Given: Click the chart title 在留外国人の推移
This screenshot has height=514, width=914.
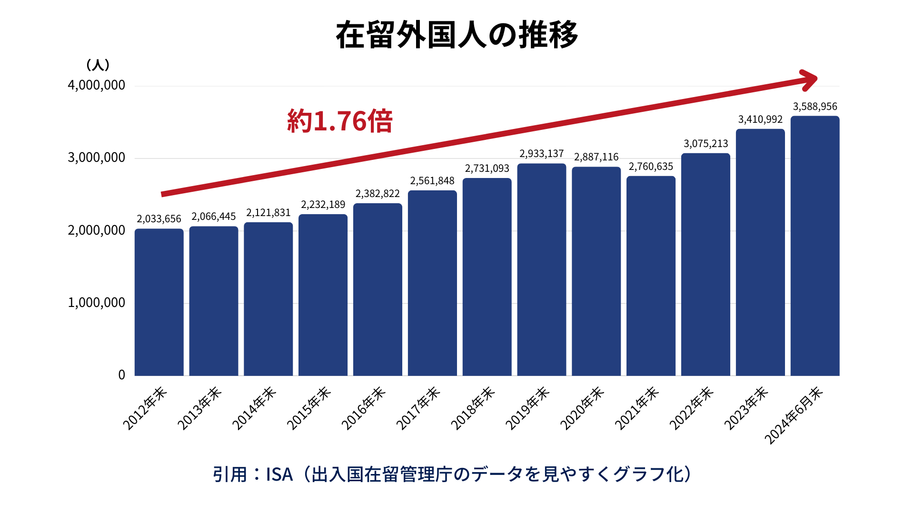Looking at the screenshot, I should [457, 35].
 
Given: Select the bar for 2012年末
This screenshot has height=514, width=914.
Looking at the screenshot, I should [159, 302].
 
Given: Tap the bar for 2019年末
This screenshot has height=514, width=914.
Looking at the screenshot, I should [541, 270].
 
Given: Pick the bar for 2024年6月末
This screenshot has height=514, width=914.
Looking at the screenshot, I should [815, 246].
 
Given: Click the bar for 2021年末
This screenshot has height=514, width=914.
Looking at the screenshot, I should [651, 276].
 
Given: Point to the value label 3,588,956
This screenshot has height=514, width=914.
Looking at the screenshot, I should [815, 107].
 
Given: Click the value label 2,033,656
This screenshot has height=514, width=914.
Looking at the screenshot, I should [159, 219].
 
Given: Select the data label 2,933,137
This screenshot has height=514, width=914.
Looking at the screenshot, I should [541, 154].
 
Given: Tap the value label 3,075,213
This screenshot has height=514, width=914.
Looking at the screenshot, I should [705, 144].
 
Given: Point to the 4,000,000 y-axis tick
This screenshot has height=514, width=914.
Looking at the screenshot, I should [97, 85].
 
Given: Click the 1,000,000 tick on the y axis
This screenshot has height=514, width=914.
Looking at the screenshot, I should [97, 303].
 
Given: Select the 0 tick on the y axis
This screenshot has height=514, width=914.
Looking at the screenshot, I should [122, 375].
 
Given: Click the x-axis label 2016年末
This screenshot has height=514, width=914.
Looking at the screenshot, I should [364, 408].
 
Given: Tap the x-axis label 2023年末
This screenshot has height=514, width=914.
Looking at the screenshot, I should [746, 408].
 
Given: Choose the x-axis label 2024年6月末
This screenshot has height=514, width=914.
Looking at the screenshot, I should [794, 415].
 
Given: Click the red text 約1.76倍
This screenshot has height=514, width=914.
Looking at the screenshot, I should [339, 121].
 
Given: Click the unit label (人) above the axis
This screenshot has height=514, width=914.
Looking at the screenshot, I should [98, 65].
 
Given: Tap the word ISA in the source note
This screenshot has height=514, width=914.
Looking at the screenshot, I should [279, 474].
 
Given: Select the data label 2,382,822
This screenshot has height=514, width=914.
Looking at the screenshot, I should [378, 194].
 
